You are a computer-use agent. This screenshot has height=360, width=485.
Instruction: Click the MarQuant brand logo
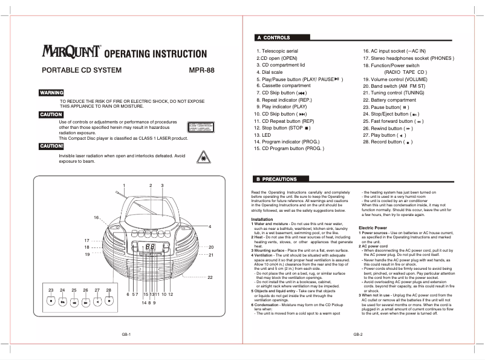(72, 53)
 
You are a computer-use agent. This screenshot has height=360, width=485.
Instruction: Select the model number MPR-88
(201, 70)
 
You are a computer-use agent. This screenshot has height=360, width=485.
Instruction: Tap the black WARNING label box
(51, 93)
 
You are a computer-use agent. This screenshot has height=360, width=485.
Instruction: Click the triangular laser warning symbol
(201, 159)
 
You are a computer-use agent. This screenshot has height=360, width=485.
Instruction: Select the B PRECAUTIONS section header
(280, 179)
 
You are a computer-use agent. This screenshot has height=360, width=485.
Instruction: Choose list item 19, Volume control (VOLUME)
(395, 79)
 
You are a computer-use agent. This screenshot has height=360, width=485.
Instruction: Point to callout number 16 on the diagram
(96, 217)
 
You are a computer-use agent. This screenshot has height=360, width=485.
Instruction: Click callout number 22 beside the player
(210, 277)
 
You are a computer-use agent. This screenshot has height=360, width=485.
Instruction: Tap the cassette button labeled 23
(51, 301)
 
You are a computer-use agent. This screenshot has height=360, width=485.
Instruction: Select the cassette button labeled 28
(109, 301)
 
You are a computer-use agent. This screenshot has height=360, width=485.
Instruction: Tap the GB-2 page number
(357, 335)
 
